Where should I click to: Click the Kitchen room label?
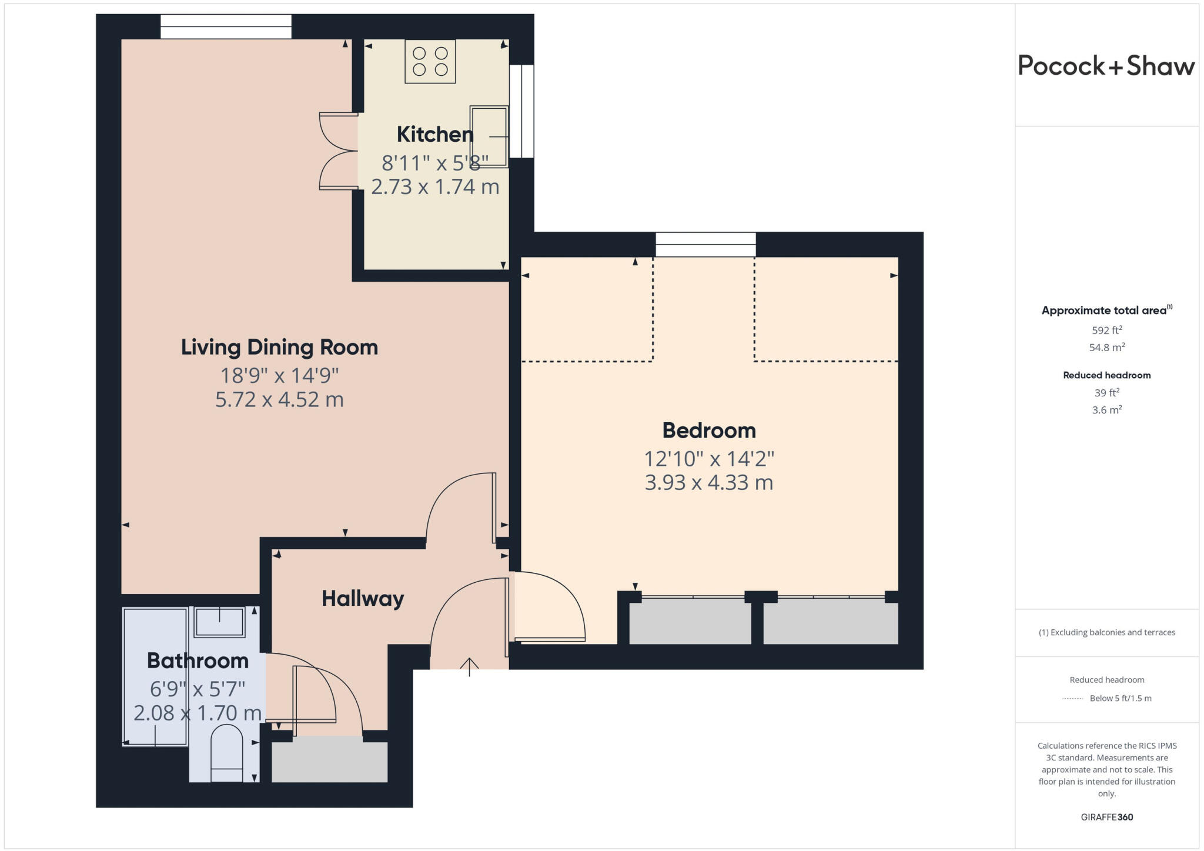pyautogui.click(x=435, y=135)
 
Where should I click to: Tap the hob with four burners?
pyautogui.click(x=430, y=61)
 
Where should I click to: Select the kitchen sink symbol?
pyautogui.click(x=489, y=136)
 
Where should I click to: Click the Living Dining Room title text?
pyautogui.click(x=279, y=347)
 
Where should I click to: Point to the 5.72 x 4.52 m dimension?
pyautogui.click(x=279, y=400)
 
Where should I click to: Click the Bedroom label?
pyautogui.click(x=709, y=430)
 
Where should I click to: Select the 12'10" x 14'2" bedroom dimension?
pyautogui.click(x=709, y=458)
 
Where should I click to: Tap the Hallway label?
pyautogui.click(x=363, y=599)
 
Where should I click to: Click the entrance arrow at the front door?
pyautogui.click(x=469, y=666)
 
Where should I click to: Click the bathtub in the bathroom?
pyautogui.click(x=155, y=676)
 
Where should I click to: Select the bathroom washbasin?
pyautogui.click(x=219, y=622)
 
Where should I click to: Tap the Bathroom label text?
pyautogui.click(x=198, y=661)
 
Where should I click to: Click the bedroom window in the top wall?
pyautogui.click(x=705, y=245)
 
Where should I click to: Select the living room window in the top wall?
pyautogui.click(x=226, y=26)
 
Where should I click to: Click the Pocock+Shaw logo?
pyautogui.click(x=1106, y=66)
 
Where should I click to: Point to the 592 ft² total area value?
pyautogui.click(x=1106, y=331)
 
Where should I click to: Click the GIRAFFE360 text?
pyautogui.click(x=1106, y=817)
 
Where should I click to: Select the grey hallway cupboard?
pyautogui.click(x=329, y=762)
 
